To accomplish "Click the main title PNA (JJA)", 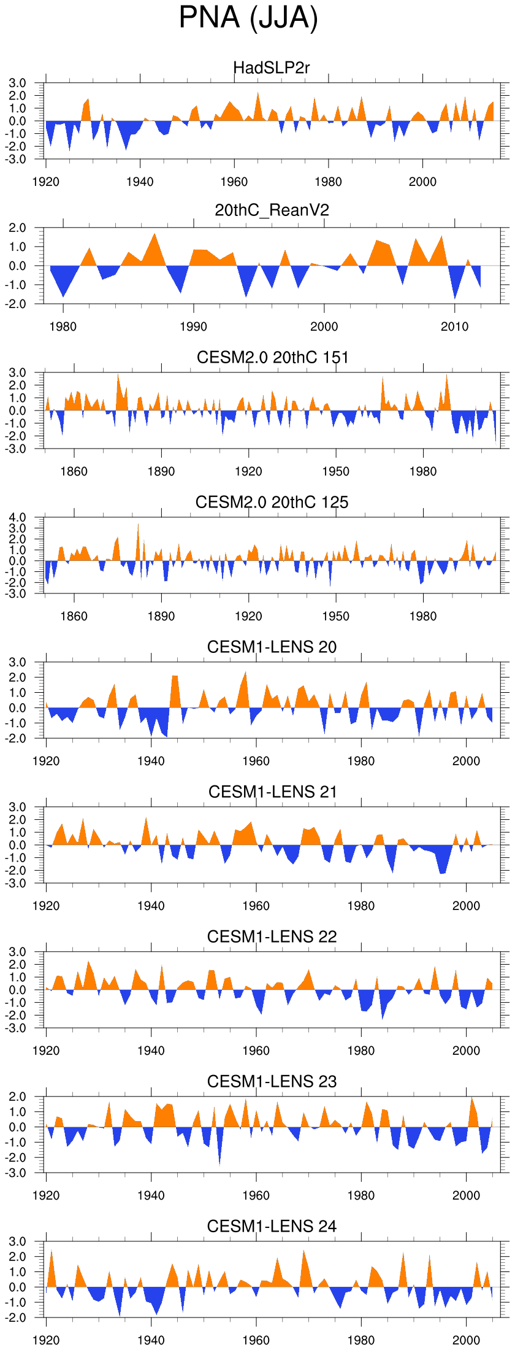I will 248,17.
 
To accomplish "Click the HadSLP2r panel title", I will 272,67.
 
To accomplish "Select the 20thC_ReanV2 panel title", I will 272,210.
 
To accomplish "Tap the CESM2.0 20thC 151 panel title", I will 272,357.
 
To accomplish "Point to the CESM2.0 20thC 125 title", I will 272,502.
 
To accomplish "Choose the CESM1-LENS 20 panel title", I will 272,647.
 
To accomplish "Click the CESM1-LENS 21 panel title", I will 272,792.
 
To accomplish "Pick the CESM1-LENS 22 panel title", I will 272,936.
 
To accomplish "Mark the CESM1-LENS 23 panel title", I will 272,1081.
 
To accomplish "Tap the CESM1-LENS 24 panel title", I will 272,1226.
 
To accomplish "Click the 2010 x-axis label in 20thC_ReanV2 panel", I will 454,326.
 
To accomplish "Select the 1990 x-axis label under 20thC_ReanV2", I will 193,326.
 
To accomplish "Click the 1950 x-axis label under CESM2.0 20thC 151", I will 335,471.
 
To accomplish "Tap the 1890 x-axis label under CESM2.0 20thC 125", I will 161,616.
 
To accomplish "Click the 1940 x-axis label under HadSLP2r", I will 140,182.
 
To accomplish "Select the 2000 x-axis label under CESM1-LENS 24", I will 466,1340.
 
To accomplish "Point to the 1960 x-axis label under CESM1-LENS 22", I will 256,1051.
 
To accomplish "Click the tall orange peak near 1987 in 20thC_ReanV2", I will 154,235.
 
